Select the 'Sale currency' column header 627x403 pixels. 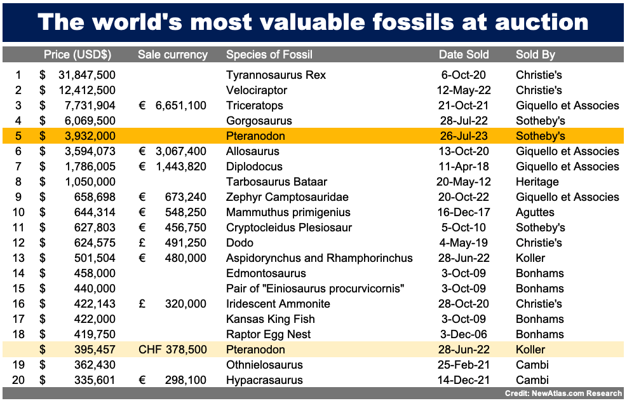[173, 55]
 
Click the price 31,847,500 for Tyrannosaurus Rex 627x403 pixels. [87, 75]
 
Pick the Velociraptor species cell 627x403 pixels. [257, 90]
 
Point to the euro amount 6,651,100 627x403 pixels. [181, 106]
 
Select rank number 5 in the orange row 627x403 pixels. [18, 136]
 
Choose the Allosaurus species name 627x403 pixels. [253, 151]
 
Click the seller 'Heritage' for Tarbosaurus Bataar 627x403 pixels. [537, 182]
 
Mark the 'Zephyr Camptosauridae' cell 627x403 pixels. [288, 197]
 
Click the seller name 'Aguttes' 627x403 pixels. [535, 212]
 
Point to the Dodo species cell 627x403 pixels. [239, 243]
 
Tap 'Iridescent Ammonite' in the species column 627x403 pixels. [278, 304]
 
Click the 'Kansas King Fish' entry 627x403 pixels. [271, 319]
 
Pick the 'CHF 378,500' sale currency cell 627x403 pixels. [172, 350]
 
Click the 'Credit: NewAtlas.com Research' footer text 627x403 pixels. [563, 394]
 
